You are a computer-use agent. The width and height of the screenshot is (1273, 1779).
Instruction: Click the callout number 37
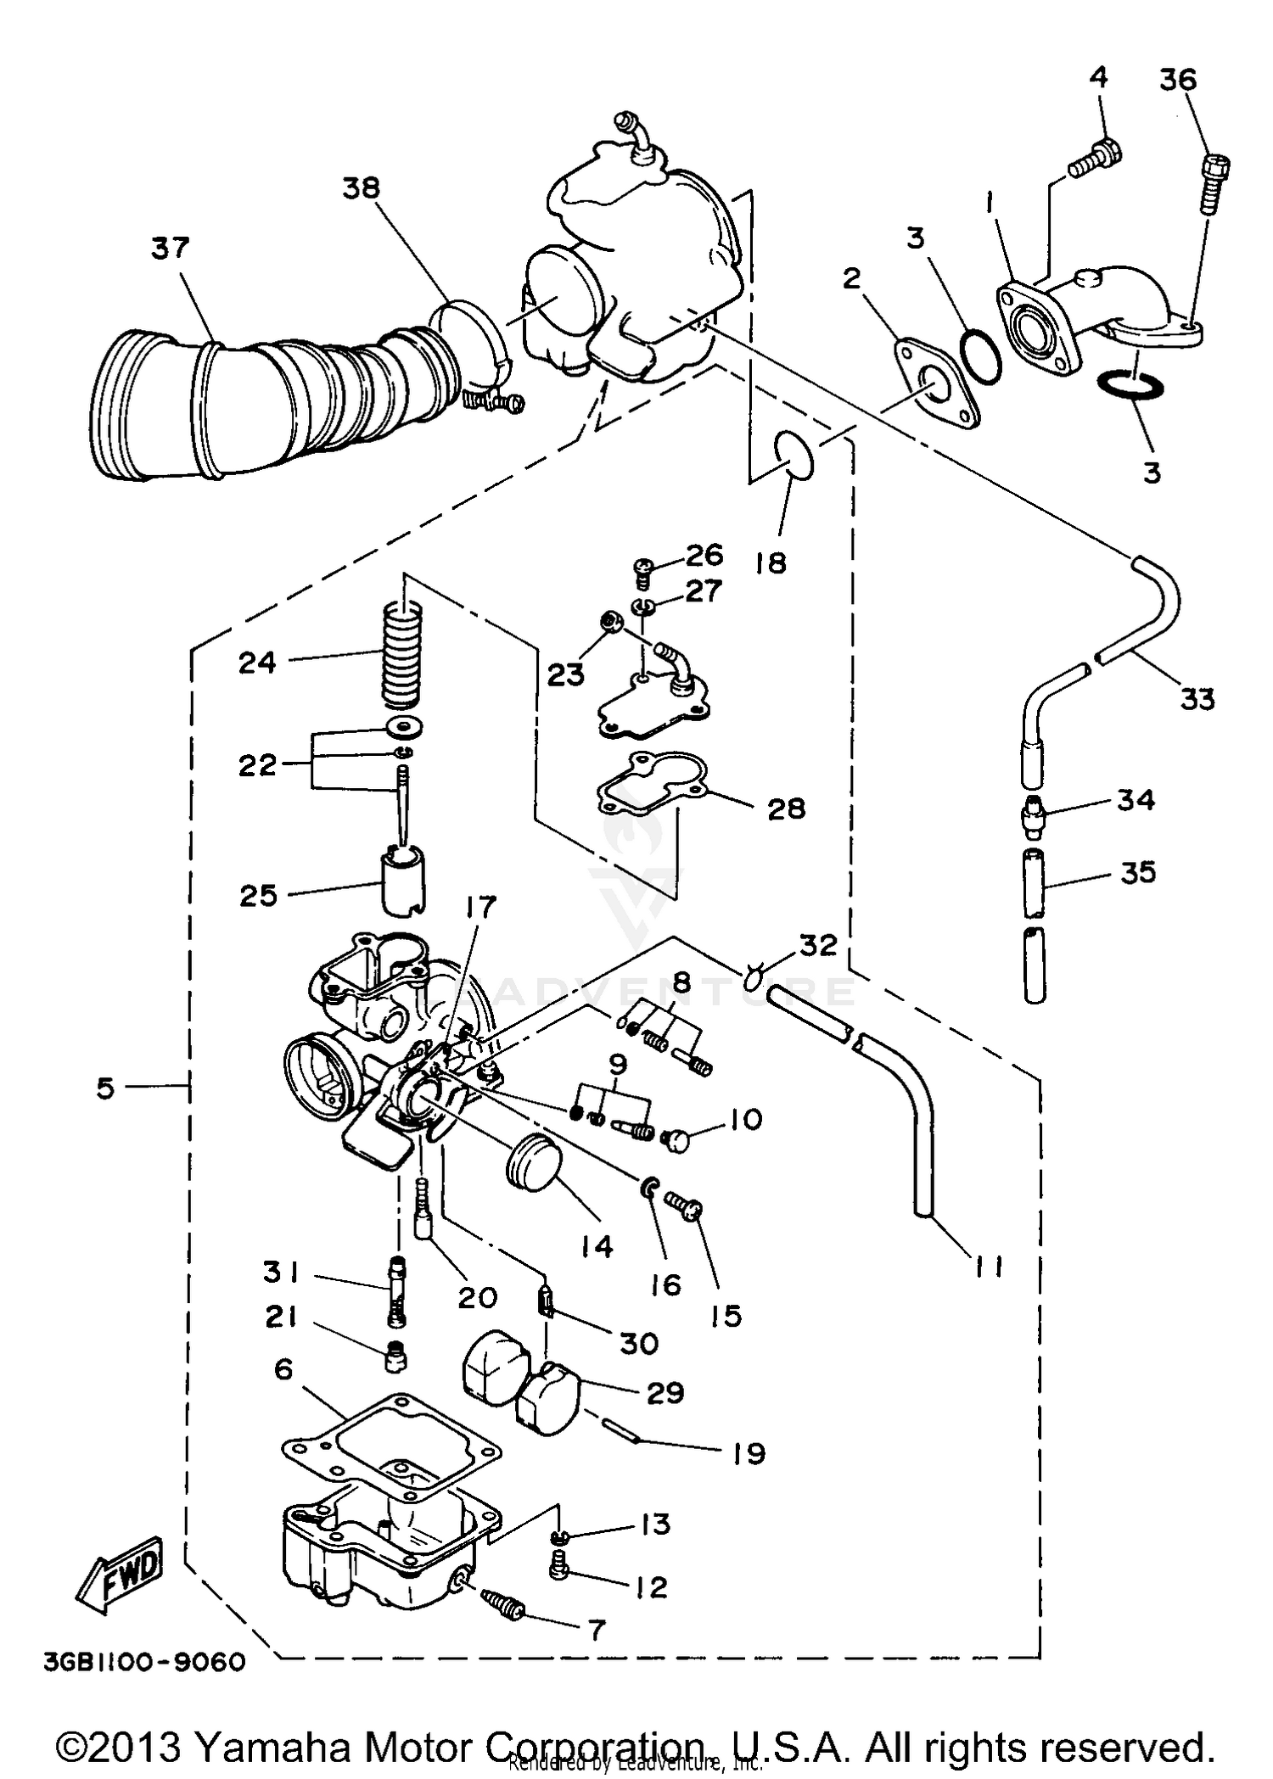pos(170,249)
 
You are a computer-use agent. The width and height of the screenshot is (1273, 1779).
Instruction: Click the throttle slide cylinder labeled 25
pos(401,882)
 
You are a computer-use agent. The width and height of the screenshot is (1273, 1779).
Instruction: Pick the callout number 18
pos(771,562)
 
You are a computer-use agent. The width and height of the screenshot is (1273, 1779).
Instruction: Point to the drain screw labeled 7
pos(503,1604)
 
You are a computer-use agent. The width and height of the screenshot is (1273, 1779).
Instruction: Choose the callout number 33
pos(1197,700)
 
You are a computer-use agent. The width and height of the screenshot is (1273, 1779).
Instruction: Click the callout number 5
pos(104,1088)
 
